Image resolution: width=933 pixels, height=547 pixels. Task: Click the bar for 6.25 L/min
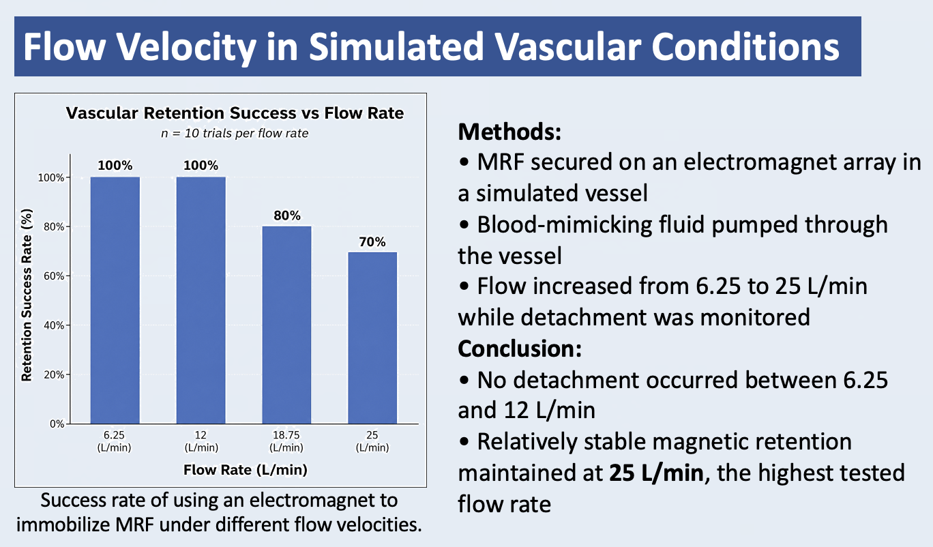(x=115, y=300)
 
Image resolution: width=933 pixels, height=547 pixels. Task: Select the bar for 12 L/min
(x=201, y=300)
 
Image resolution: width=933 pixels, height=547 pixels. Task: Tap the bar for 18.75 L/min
(x=286, y=325)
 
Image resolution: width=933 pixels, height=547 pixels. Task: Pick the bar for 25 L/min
(x=372, y=338)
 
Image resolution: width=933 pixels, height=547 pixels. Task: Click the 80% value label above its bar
(x=287, y=216)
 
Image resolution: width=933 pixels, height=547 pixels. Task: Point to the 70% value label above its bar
(x=372, y=241)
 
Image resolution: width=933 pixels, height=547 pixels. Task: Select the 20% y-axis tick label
(x=54, y=374)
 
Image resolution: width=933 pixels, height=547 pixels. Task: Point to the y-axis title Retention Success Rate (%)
(x=27, y=295)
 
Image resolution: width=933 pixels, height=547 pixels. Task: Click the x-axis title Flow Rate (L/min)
(x=246, y=470)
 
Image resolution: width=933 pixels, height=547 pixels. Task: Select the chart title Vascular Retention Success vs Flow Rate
(x=235, y=113)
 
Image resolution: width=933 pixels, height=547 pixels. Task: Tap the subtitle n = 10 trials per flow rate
(x=235, y=133)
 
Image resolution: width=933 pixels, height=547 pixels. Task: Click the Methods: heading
(x=509, y=132)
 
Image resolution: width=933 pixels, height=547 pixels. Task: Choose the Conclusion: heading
(x=520, y=349)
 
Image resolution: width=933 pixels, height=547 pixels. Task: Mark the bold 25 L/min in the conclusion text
(x=656, y=473)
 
